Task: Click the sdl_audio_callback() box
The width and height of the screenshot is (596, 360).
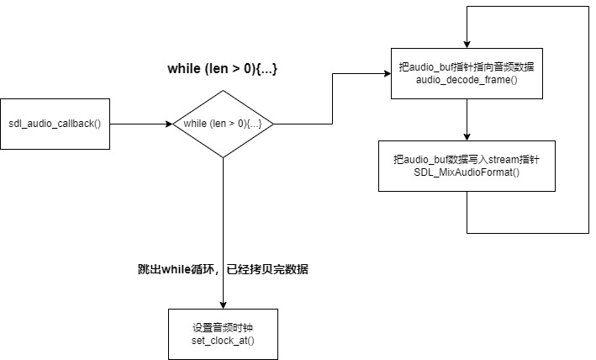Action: click(55, 124)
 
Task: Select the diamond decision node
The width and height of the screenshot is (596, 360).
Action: click(223, 124)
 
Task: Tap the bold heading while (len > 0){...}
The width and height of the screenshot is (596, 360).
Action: click(223, 69)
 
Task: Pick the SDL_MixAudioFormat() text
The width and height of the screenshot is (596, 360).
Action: click(465, 171)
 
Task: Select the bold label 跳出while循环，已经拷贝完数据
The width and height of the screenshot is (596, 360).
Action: click(222, 270)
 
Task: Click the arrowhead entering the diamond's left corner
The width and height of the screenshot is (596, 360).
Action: click(169, 124)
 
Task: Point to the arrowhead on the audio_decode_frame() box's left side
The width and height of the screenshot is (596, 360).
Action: click(388, 74)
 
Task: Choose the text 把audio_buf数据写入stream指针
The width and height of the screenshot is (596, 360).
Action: click(465, 158)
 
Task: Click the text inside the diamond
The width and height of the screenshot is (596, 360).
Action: click(223, 124)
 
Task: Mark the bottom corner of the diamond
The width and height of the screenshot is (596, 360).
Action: click(223, 157)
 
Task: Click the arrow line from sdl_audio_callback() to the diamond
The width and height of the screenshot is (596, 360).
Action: click(139, 124)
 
